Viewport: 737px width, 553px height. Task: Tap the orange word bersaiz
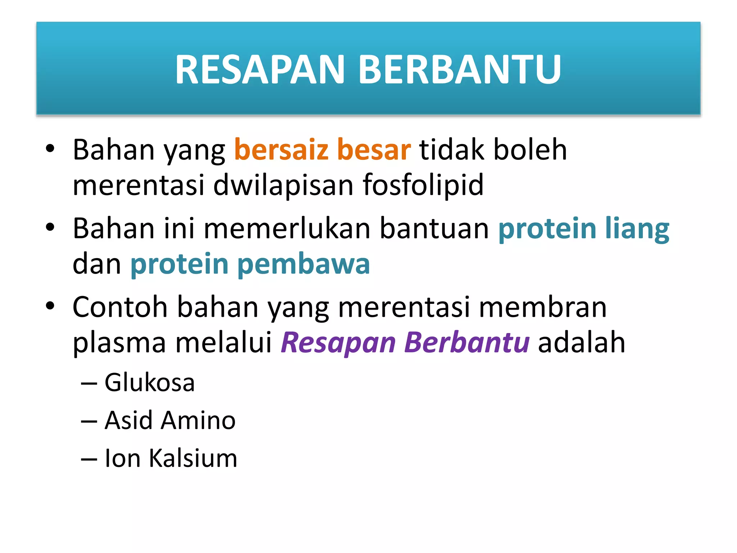coord(281,150)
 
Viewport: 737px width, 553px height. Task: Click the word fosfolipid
coord(423,185)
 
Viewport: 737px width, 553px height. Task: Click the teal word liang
coord(637,229)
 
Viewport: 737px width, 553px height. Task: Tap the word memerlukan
coord(287,229)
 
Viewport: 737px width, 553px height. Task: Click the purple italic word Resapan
coord(338,342)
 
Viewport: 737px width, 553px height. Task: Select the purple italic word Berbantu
coord(467,342)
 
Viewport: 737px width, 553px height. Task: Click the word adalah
coord(582,342)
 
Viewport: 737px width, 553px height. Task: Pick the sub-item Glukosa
coord(150,382)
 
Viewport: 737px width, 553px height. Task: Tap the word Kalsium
coord(193,459)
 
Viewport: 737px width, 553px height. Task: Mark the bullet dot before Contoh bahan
coord(50,306)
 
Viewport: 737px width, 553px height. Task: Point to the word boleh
coord(530,150)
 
